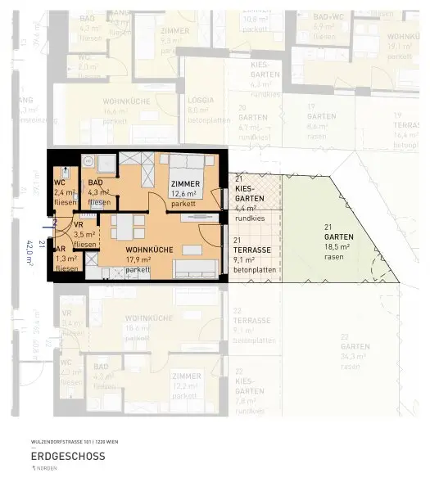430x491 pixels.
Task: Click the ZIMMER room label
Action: coord(185,183)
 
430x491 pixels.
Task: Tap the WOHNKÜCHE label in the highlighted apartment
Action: coord(148,249)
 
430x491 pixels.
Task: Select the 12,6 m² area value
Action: coord(185,194)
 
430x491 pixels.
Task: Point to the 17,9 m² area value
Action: coord(138,259)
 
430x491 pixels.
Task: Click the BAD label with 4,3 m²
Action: coord(96,182)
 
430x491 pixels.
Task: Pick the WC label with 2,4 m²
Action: coord(60,182)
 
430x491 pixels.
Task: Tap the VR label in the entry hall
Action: coord(79,223)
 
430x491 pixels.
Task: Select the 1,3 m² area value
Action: coord(66,257)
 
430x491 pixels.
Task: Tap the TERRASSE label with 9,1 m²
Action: coord(252,250)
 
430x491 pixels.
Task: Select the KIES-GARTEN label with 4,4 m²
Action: coord(249,193)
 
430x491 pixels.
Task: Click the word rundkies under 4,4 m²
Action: coord(249,218)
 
